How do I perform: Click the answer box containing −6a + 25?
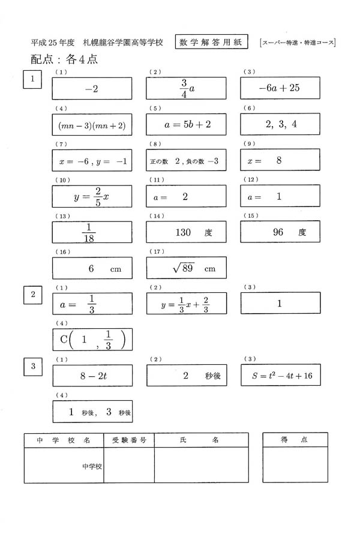coord(279,89)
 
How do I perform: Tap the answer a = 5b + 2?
coord(186,124)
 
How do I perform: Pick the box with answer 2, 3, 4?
coord(279,124)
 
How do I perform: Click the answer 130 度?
coord(186,232)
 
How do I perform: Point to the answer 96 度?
coord(279,232)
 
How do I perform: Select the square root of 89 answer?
coord(186,268)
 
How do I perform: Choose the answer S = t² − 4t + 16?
coord(279,376)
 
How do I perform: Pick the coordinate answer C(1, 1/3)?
coord(92,340)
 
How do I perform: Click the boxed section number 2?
coord(33,295)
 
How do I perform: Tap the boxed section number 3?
coord(33,365)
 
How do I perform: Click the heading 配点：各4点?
coord(64,59)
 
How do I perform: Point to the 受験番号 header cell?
coord(129,440)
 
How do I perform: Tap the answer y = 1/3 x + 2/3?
coord(186,304)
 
